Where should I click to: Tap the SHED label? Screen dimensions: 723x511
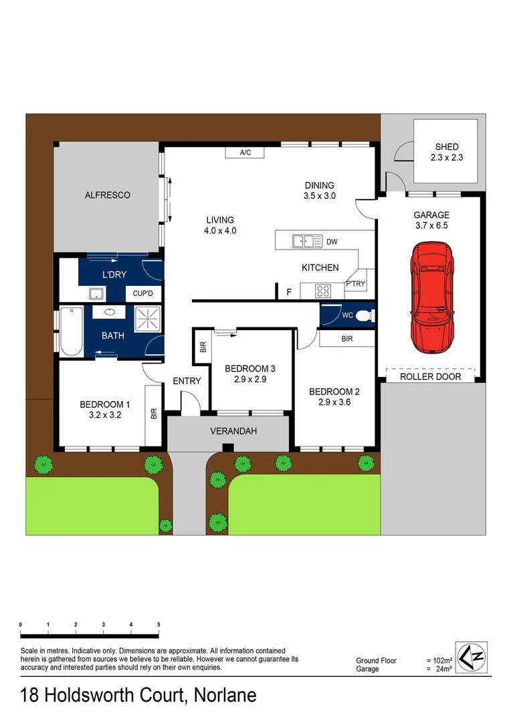pyautogui.click(x=447, y=147)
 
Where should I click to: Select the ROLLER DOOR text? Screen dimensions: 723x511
pyautogui.click(x=430, y=376)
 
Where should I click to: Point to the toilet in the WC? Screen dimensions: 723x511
pyautogui.click(x=363, y=315)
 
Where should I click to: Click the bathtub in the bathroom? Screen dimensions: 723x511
pyautogui.click(x=71, y=331)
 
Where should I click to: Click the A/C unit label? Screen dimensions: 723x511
pyautogui.click(x=245, y=153)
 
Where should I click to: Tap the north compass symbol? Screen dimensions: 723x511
pyautogui.click(x=472, y=657)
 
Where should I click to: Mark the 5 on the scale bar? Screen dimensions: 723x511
pyautogui.click(x=159, y=624)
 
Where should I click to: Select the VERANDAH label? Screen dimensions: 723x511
pyautogui.click(x=229, y=431)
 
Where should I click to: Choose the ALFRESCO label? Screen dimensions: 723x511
pyautogui.click(x=107, y=195)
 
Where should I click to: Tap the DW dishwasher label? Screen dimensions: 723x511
pyautogui.click(x=332, y=241)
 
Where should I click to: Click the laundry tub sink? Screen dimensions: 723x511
pyautogui.click(x=96, y=293)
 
